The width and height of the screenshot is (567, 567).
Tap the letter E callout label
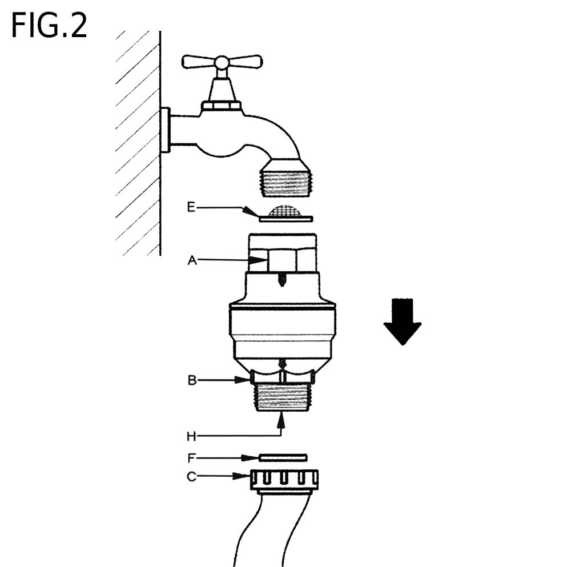click(x=191, y=207)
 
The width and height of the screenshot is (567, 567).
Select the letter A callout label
click(x=192, y=260)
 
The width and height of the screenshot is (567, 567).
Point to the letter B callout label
click(x=192, y=379)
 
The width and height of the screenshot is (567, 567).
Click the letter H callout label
click(x=191, y=436)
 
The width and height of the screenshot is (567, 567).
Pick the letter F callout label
click(x=192, y=457)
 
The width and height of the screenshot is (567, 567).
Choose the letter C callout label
click(x=192, y=476)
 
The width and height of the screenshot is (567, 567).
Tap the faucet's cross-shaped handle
click(x=222, y=61)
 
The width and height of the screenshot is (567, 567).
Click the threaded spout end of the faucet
click(x=284, y=178)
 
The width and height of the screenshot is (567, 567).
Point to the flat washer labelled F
click(x=283, y=457)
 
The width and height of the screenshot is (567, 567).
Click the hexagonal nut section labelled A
click(x=282, y=260)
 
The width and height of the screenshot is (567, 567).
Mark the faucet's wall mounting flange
click(x=165, y=130)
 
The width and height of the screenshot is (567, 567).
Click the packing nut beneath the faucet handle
click(x=222, y=106)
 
